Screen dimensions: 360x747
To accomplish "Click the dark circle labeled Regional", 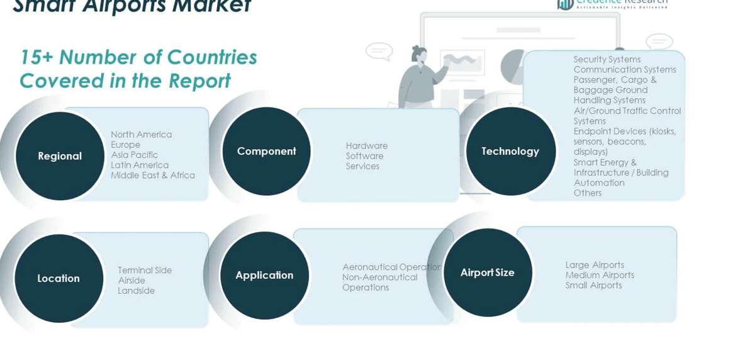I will tap(60, 156).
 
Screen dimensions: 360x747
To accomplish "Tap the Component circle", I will tap(266, 151).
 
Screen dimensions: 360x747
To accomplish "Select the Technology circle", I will tap(510, 151).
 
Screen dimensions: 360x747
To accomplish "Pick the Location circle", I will tap(59, 278).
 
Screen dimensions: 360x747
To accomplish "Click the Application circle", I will tap(264, 275).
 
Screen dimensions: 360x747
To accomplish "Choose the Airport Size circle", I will tap(487, 273).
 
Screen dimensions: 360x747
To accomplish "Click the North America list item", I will tap(141, 134).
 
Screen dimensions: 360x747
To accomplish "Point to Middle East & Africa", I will tap(153, 175).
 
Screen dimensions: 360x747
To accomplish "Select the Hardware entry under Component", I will tap(366, 145).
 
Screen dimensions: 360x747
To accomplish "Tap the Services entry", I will tap(362, 166).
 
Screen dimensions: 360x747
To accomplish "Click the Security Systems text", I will tap(607, 59).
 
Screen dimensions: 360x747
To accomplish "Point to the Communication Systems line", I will tap(624, 69).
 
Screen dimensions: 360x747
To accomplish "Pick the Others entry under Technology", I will tap(587, 193).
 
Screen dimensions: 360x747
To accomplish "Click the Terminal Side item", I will tap(145, 270).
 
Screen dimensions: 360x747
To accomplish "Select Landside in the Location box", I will tap(136, 291).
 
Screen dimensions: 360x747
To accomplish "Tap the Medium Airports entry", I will tap(599, 275).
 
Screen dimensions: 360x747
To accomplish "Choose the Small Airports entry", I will tap(593, 285).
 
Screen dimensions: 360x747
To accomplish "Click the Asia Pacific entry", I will tap(134, 155).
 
